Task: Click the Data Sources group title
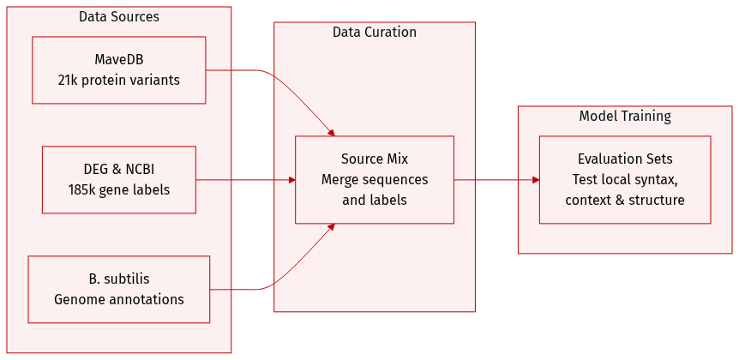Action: click(118, 17)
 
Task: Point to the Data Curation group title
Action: click(375, 33)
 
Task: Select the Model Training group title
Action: click(625, 117)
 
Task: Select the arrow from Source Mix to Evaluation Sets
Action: click(496, 180)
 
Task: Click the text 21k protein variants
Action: click(118, 80)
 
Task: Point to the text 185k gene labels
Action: click(118, 190)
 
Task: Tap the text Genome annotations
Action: click(118, 300)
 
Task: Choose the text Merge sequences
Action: click(375, 179)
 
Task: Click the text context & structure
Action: click(625, 201)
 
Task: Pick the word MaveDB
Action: click(118, 59)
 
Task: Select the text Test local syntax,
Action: click(625, 179)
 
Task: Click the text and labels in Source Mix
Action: click(375, 201)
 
